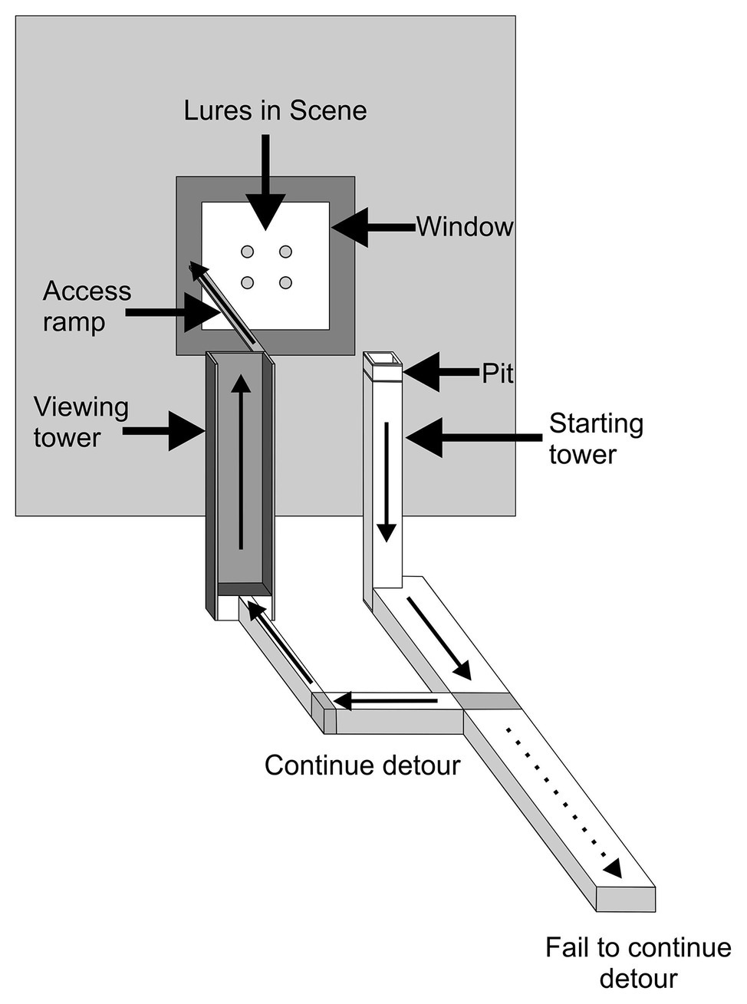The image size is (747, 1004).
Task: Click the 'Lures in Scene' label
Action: (x=275, y=110)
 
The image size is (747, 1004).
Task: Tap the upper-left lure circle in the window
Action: (x=247, y=252)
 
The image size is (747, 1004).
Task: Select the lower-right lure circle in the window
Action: (x=285, y=282)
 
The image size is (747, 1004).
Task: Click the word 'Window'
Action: (x=465, y=227)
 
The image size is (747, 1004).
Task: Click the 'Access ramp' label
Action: (x=87, y=306)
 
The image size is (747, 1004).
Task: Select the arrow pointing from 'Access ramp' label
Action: (x=173, y=313)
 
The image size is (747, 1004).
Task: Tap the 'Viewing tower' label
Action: (x=81, y=422)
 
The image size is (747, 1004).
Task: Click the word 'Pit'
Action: (x=497, y=374)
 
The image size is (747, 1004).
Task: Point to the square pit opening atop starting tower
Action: (x=383, y=358)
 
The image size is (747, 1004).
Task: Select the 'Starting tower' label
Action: (x=596, y=438)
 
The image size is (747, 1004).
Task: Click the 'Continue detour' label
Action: (x=362, y=765)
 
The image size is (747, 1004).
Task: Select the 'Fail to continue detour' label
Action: (x=637, y=963)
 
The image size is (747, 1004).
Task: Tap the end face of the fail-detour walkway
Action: (x=626, y=900)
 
